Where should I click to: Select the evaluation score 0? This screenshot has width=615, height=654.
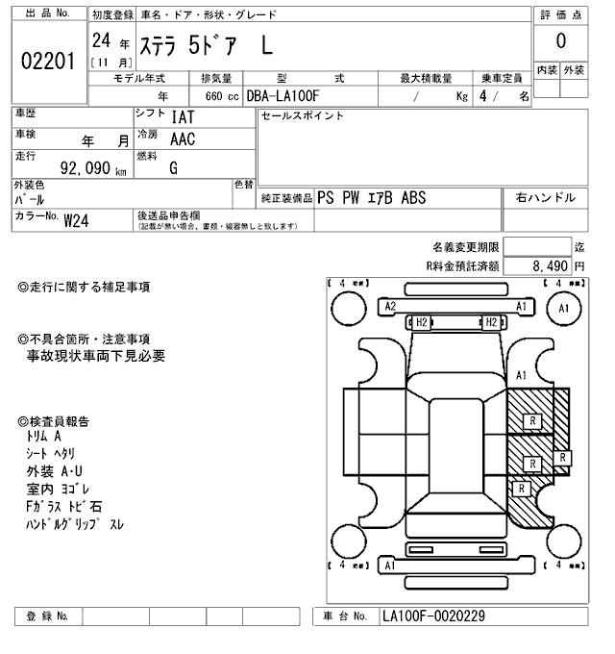(x=560, y=41)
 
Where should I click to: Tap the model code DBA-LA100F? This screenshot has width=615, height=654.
(x=284, y=95)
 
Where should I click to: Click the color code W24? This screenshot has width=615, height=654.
(x=78, y=219)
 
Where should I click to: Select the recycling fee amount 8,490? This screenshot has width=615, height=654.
(x=549, y=265)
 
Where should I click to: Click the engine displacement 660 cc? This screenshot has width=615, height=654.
(x=218, y=95)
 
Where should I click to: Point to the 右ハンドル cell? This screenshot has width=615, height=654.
(x=546, y=197)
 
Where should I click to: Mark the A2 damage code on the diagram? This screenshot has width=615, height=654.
(x=390, y=306)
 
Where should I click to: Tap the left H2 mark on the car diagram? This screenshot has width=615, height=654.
(x=421, y=322)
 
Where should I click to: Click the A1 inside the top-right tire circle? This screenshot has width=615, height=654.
(x=563, y=309)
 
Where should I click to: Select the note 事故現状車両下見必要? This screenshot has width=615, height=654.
(x=96, y=356)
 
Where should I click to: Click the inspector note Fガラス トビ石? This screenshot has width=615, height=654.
(x=64, y=506)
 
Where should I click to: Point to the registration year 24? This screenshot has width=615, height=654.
(x=101, y=40)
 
